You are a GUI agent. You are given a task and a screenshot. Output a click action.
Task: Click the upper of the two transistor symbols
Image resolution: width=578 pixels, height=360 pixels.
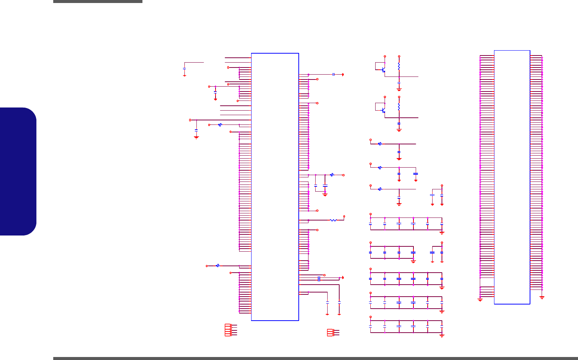pos(383,70)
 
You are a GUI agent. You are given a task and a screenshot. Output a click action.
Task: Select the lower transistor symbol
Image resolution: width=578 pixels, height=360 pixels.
pos(383,110)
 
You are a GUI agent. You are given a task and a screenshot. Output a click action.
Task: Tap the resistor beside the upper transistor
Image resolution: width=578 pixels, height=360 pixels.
pos(399,66)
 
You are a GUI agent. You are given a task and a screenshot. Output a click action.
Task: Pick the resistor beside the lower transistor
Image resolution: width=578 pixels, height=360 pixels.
pos(399,107)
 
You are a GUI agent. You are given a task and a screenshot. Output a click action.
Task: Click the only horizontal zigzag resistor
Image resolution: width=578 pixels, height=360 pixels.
pos(333,220)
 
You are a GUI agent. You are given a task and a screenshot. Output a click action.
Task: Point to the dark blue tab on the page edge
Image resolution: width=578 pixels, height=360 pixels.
pos(18,171)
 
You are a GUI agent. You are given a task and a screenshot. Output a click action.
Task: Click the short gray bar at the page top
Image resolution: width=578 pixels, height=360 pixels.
pos(98,1)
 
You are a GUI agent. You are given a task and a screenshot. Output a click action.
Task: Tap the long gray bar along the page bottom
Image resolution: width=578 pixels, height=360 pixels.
pos(315,358)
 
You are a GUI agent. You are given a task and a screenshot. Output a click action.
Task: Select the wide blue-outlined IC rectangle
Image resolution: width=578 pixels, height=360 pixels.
pos(275,187)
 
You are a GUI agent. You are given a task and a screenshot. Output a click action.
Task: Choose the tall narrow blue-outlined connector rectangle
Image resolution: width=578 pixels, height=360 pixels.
pos(512,177)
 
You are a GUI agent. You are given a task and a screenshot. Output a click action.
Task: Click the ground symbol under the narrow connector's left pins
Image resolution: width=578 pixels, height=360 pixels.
pos(480,299)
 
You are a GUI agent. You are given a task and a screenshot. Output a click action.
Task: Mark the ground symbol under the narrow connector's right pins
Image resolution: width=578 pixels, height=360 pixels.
pos(542,297)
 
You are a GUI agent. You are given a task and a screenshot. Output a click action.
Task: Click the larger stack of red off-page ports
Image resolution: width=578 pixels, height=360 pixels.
pos(228,330)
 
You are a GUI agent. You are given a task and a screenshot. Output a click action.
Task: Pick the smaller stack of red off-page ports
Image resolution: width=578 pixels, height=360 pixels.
pos(331,333)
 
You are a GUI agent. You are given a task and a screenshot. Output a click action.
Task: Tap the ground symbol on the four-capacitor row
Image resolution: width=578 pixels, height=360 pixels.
pos(413,261)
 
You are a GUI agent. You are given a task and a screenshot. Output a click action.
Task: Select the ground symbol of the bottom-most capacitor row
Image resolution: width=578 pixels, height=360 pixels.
pos(442,335)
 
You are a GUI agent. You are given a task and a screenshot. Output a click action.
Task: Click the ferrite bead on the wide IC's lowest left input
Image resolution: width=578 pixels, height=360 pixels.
pos(218,265)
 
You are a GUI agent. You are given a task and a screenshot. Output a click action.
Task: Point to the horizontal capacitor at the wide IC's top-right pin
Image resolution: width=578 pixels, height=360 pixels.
pos(333,74)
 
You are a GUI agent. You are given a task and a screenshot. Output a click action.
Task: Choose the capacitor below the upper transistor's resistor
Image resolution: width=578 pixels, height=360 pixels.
pos(399,82)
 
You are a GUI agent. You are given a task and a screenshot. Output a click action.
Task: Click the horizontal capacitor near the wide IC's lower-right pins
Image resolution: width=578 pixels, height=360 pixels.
pos(319,279)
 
